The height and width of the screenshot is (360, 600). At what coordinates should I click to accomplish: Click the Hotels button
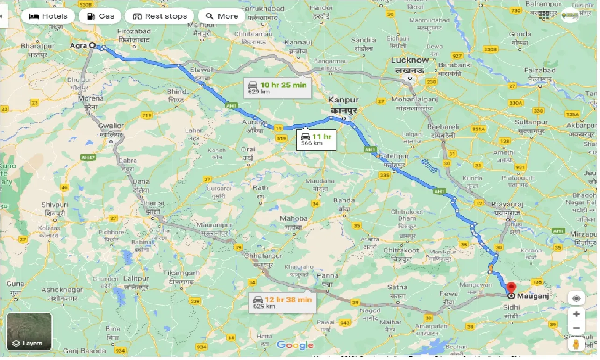[x=48, y=16]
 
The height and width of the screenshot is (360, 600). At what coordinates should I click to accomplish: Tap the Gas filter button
[x=100, y=16]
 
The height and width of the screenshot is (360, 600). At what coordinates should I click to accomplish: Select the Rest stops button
[x=159, y=16]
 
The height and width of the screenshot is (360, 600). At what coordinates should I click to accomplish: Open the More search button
[x=222, y=16]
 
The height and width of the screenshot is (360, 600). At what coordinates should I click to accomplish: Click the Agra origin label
[x=78, y=46]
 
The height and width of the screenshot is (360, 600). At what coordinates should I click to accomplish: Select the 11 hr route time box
[x=316, y=139]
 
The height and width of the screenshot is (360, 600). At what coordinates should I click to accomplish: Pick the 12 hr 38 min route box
[x=283, y=302]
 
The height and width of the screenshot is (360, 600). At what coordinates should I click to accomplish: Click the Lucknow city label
[x=409, y=60]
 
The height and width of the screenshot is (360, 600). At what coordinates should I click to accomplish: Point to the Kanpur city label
[x=343, y=100]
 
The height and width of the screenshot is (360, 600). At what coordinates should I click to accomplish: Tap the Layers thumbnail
[x=29, y=331]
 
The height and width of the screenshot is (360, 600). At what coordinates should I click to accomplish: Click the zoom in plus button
[x=576, y=314]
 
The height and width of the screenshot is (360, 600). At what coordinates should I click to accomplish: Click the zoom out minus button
[x=576, y=328]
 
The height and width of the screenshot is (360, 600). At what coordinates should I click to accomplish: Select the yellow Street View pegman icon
[x=576, y=345]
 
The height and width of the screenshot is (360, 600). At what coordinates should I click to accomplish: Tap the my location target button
[x=576, y=298]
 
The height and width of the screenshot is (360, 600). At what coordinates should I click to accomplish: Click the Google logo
[x=295, y=346]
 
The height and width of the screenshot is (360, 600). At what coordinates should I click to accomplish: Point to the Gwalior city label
[x=111, y=126]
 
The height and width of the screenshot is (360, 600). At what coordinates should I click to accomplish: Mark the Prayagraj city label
[x=507, y=204]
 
